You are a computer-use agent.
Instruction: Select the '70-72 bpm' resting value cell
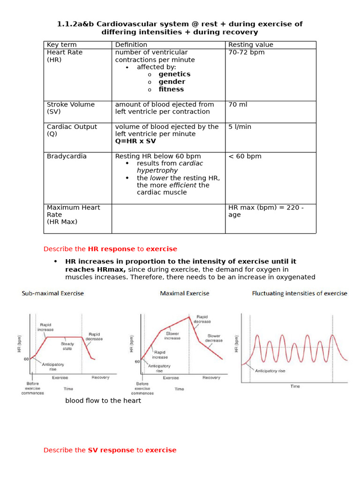pyautogui.click(x=246, y=52)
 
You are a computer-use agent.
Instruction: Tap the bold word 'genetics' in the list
pyautogui.click(x=174, y=74)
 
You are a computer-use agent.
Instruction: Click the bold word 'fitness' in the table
pyautogui.click(x=171, y=89)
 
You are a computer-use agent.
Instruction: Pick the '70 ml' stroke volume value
pyautogui.click(x=238, y=105)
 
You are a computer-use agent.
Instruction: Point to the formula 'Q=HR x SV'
pyautogui.click(x=135, y=141)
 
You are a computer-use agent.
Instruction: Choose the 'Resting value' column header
pyautogui.click(x=250, y=45)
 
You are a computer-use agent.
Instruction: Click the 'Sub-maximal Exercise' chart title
pyautogui.click(x=52, y=293)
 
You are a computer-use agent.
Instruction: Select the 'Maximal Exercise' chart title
pyautogui.click(x=185, y=293)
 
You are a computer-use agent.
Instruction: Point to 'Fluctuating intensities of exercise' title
pyautogui.click(x=300, y=293)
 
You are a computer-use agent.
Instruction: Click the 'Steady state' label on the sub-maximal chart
pyautogui.click(x=67, y=346)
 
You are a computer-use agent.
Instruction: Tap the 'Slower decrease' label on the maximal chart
pyautogui.click(x=214, y=338)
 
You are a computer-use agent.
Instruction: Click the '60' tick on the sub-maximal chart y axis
pyautogui.click(x=27, y=359)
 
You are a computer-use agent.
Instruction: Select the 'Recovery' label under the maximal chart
pyautogui.click(x=211, y=378)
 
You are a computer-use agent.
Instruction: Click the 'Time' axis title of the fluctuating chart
pyautogui.click(x=295, y=386)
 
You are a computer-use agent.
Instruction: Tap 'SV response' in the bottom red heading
pyautogui.click(x=111, y=450)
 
